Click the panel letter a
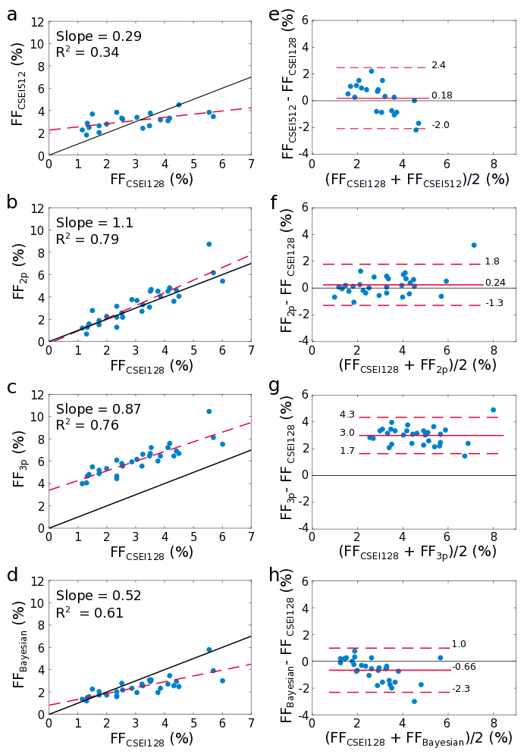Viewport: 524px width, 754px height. [12, 14]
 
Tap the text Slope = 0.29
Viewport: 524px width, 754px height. [99, 36]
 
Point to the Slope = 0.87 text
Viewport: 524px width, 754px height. [99, 409]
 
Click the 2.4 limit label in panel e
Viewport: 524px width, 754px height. [438, 66]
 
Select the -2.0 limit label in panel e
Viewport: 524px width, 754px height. [440, 125]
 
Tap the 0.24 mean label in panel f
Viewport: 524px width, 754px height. [496, 283]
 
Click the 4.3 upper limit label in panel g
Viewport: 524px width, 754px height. [347, 415]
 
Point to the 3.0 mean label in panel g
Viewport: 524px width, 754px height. [347, 433]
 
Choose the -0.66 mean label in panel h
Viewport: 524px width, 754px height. [463, 667]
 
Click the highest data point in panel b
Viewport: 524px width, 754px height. [209, 244]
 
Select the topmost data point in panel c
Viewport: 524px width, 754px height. [209, 411]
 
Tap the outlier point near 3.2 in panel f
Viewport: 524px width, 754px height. [474, 245]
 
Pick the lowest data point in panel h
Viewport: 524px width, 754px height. [414, 701]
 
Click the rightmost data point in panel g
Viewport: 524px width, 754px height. [493, 410]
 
